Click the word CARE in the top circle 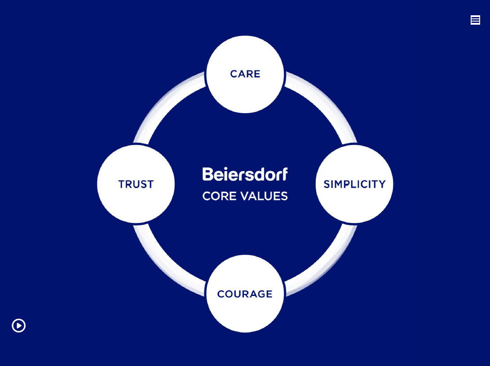(245, 74)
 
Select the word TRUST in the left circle (136, 184)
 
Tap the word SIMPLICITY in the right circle (354, 184)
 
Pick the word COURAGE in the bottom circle (245, 294)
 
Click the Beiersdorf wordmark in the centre (245, 174)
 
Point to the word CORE (217, 196)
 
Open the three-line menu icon (475, 20)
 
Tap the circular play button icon (19, 326)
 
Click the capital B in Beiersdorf (207, 174)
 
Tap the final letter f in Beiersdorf (284, 174)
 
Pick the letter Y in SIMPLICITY (382, 184)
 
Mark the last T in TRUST (150, 184)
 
